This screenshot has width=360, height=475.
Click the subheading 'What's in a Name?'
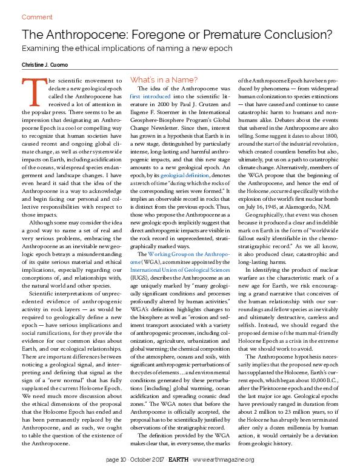pyautogui.click(x=164, y=79)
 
